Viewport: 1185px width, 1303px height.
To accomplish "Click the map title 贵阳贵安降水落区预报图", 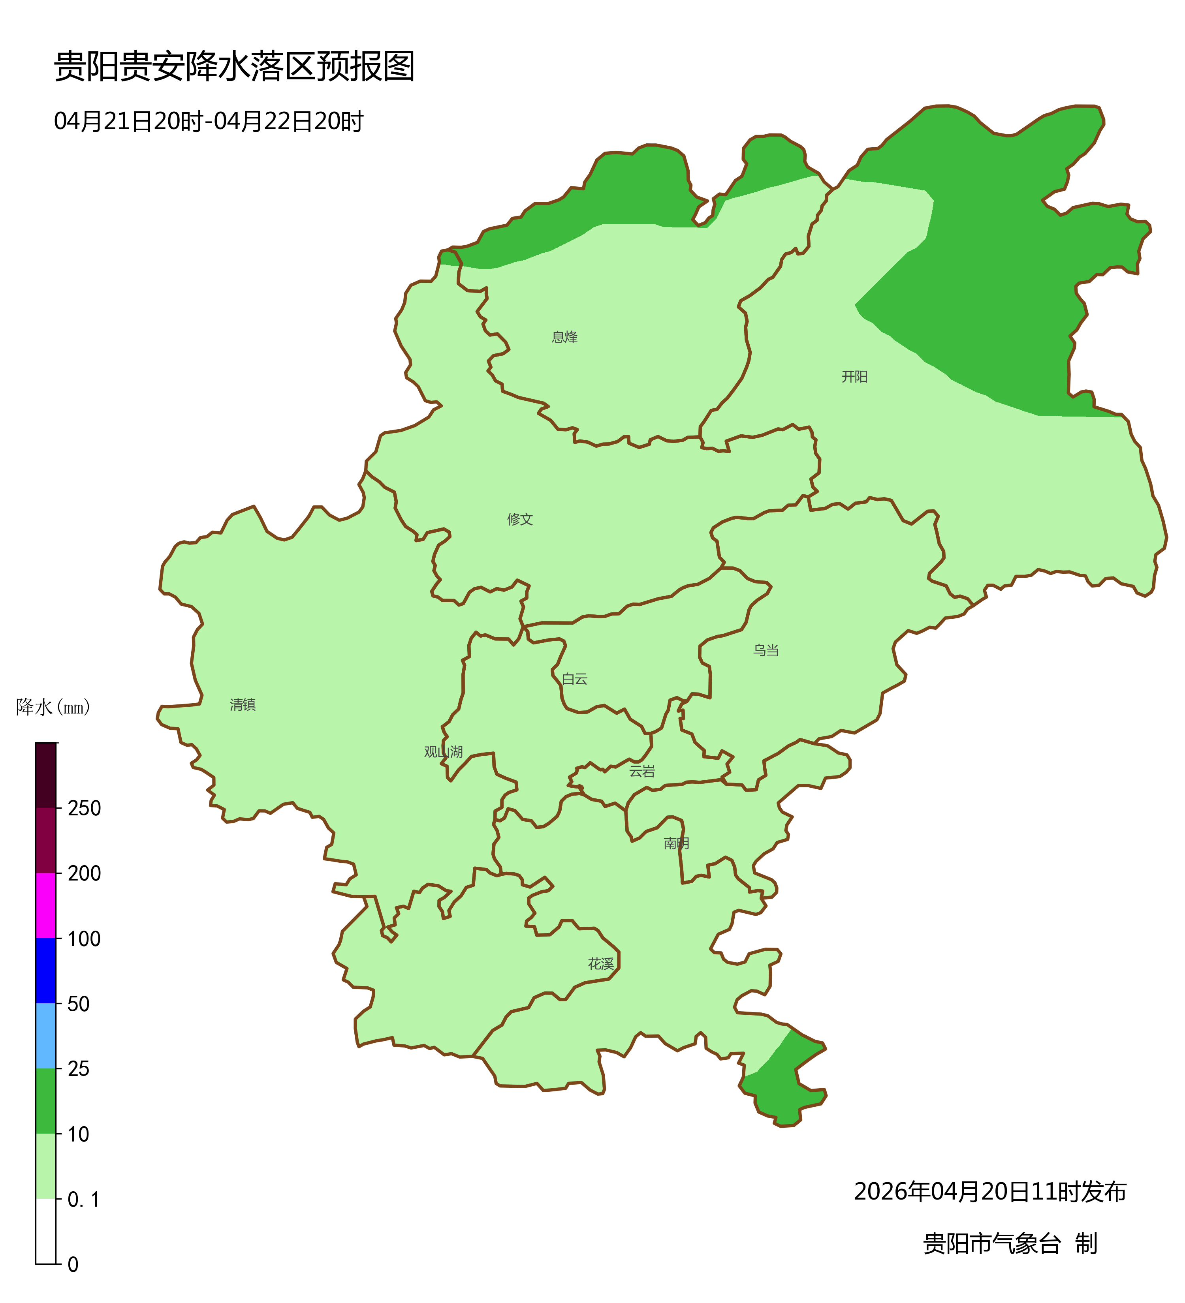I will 233,67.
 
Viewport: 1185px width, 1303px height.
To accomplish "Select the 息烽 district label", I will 564,337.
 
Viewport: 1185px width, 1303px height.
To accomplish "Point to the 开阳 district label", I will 854,377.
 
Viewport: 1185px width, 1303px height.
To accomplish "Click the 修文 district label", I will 520,519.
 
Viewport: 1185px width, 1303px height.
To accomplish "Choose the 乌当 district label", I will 766,650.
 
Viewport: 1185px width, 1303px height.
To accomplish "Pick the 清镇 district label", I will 243,704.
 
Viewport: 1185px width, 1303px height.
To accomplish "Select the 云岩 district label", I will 642,771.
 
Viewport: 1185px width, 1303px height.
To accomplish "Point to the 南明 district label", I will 676,843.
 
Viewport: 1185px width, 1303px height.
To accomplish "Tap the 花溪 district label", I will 600,964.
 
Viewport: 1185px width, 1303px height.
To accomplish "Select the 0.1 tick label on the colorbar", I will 84,1200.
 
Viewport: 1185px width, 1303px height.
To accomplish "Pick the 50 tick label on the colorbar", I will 78,1004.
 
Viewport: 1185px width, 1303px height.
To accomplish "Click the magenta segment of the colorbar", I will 46,905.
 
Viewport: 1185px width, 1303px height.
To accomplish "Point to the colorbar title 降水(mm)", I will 53,707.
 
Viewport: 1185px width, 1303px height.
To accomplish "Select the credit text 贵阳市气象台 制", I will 1009,1243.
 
